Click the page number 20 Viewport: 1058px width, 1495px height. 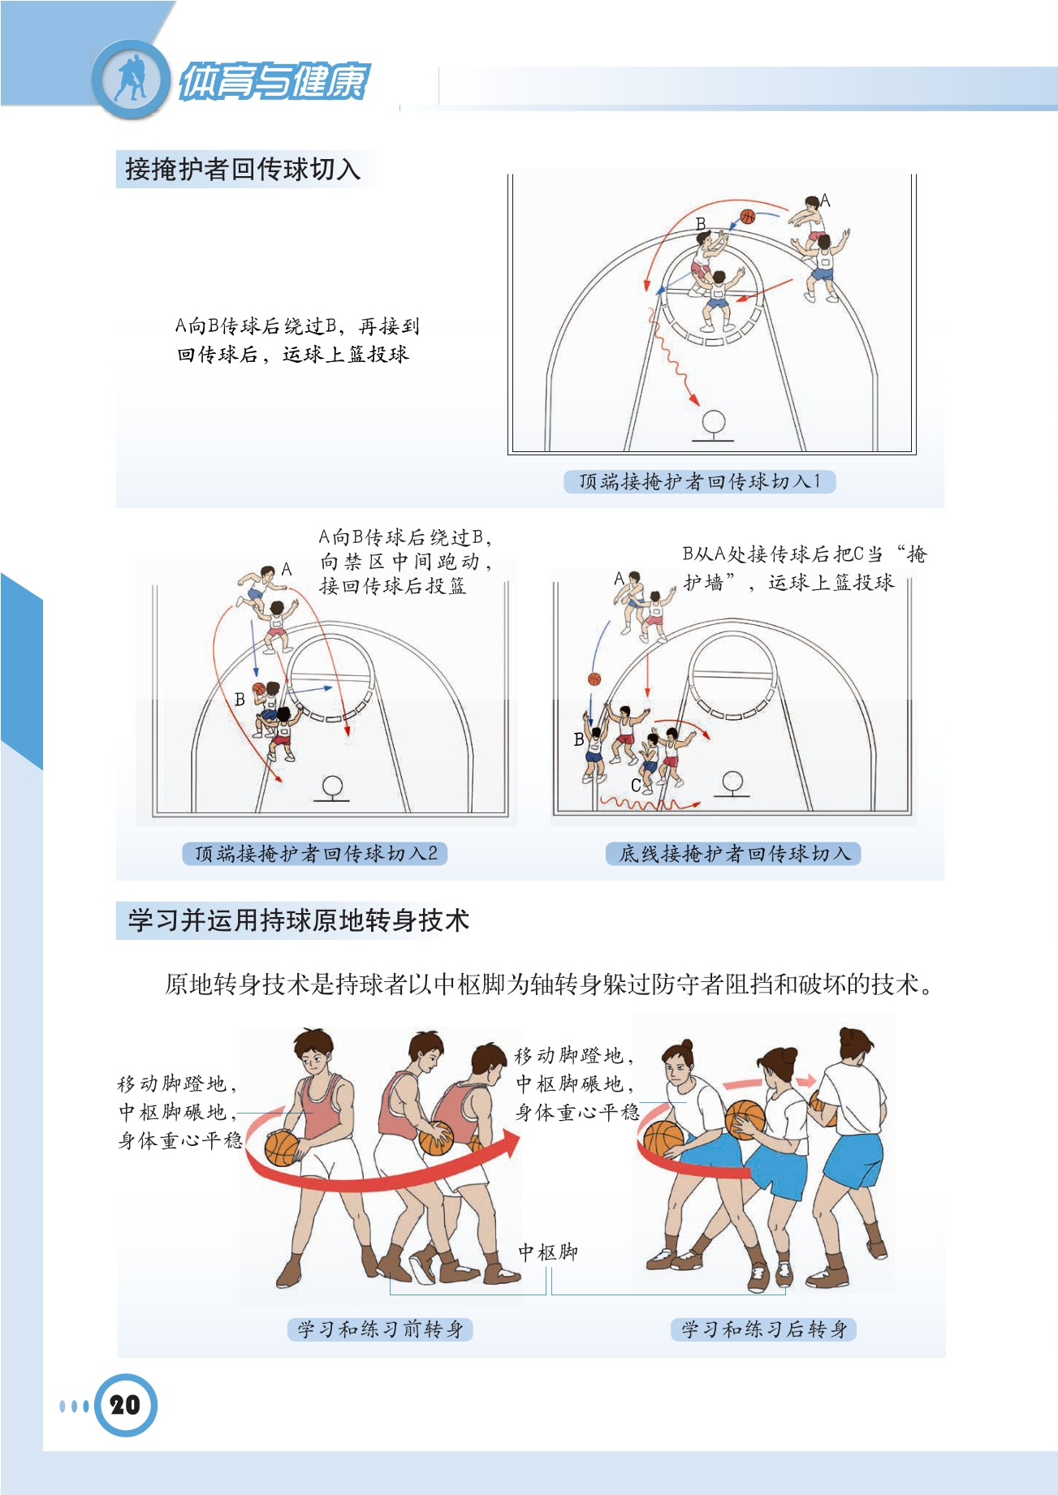pos(125,1405)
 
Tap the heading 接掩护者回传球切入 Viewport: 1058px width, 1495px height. pos(242,169)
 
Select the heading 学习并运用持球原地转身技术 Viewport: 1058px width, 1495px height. pos(298,920)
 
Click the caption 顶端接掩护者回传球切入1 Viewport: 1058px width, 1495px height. pos(699,481)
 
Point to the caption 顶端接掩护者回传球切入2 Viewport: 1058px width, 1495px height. pos(316,853)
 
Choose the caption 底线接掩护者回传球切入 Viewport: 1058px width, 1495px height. pos(734,853)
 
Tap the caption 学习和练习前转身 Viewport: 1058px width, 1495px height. pos(380,1329)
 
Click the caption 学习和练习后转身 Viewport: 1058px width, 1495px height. pos(764,1329)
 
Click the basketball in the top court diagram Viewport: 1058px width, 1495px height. pos(748,216)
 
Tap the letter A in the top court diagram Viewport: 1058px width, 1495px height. pos(825,200)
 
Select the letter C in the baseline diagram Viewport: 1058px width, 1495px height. pos(636,786)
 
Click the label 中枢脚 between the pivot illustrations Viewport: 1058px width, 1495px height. pos(548,1252)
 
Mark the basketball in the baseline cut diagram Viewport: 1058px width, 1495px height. pos(594,679)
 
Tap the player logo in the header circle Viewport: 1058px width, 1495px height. pos(131,78)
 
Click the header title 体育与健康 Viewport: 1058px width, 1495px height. pos(274,81)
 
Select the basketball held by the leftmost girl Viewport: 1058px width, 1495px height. pos(663,1141)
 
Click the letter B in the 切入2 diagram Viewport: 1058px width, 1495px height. pos(240,699)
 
